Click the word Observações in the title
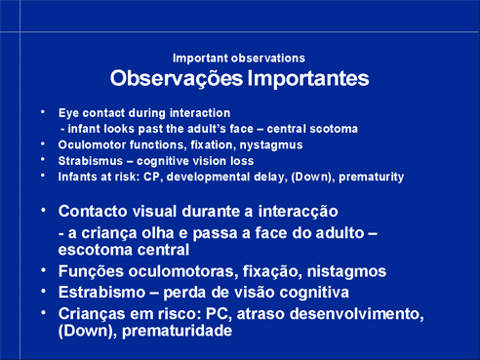177,79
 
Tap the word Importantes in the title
308,78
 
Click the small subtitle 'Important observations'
239,59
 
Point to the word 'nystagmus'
271,145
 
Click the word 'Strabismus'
91,161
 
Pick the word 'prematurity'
372,178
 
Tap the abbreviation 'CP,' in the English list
153,178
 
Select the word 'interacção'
298,212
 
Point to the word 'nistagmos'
346,272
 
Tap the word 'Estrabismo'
101,293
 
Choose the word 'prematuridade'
178,331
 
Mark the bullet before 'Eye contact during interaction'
43,112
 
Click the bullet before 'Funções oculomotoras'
43,270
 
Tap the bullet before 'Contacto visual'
43,210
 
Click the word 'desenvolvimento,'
356,314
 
